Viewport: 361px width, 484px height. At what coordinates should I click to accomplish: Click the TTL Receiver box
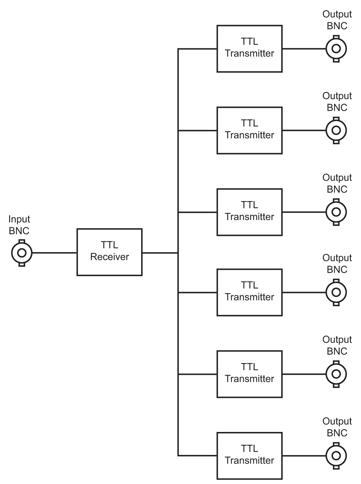[x=109, y=252]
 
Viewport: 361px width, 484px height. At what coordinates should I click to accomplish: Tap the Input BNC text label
[x=19, y=225]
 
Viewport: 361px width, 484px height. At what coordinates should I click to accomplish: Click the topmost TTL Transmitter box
[x=250, y=49]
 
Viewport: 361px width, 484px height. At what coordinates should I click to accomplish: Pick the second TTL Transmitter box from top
[x=250, y=130]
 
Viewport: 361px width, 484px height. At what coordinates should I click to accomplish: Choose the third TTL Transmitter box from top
[x=250, y=212]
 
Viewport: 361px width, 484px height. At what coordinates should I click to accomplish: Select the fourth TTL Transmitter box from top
[x=250, y=292]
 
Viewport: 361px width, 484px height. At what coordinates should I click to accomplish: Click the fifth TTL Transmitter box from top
[x=250, y=374]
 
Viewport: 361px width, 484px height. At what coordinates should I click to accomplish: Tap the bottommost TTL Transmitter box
[x=250, y=456]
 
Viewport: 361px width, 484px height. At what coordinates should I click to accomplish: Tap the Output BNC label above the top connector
[x=337, y=20]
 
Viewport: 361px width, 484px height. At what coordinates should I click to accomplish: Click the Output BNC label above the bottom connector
[x=337, y=427]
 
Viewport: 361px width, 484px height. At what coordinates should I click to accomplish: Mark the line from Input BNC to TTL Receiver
[x=54, y=253]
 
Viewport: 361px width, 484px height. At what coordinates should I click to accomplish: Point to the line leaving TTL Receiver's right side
[x=160, y=253]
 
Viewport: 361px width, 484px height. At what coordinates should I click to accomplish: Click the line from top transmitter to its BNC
[x=304, y=49]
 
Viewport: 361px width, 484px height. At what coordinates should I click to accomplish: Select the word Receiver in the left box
[x=109, y=257]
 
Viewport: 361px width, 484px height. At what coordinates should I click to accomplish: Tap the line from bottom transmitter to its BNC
[x=304, y=456]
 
